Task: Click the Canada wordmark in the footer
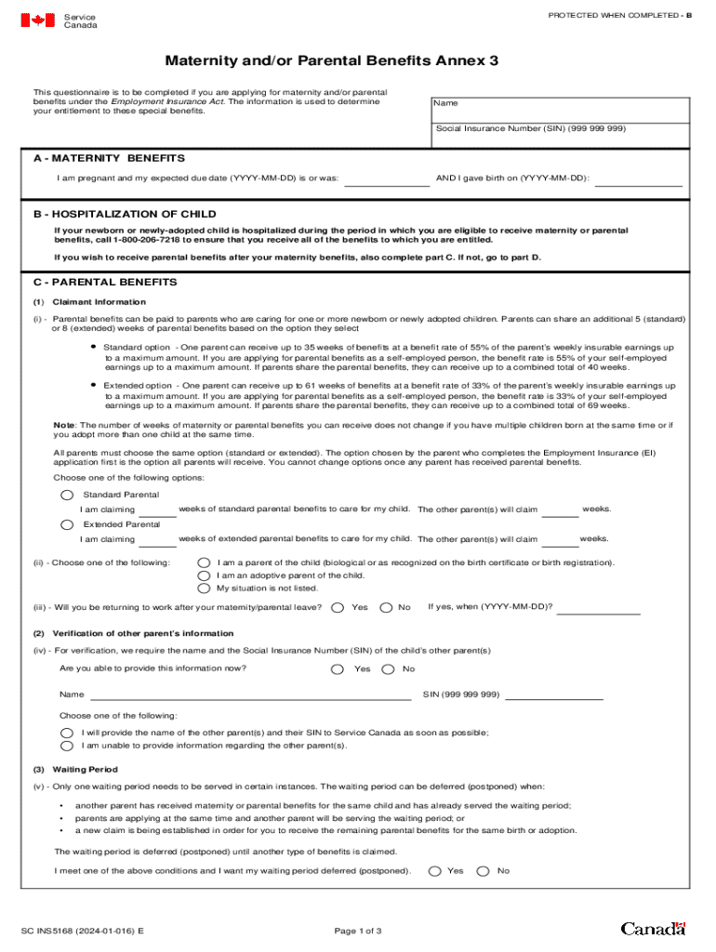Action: [653, 929]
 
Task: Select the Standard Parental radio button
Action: [67, 495]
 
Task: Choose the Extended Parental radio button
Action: [67, 524]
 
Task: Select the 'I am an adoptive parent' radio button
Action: [204, 575]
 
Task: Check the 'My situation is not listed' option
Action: [204, 588]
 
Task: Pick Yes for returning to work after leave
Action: [338, 607]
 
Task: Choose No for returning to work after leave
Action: [386, 607]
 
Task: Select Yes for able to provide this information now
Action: [338, 669]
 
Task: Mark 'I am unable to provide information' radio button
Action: [67, 745]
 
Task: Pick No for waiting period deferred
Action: [483, 871]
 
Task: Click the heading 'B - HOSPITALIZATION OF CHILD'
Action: [125, 214]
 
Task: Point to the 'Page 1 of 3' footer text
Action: [357, 931]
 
